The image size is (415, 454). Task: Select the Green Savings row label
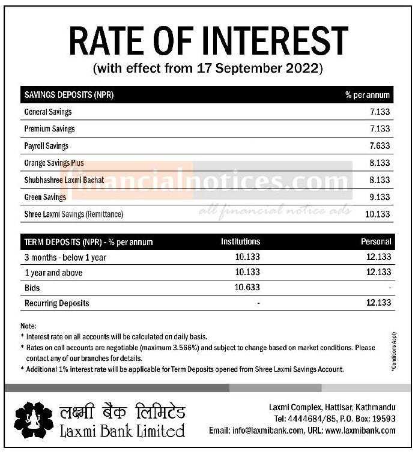[x=45, y=197]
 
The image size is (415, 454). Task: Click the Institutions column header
[x=241, y=241]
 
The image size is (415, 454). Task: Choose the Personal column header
[x=376, y=241]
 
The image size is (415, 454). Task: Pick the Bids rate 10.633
[x=247, y=288]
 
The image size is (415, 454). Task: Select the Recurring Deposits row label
[x=56, y=303]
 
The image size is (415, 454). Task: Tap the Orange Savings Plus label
[x=54, y=163]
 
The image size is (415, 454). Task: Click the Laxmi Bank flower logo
[x=34, y=419]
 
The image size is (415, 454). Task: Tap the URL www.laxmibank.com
[x=361, y=431]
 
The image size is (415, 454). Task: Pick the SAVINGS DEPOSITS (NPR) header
[x=69, y=95]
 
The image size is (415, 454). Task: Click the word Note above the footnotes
[x=29, y=326]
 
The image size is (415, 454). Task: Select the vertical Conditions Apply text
[x=394, y=351]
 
